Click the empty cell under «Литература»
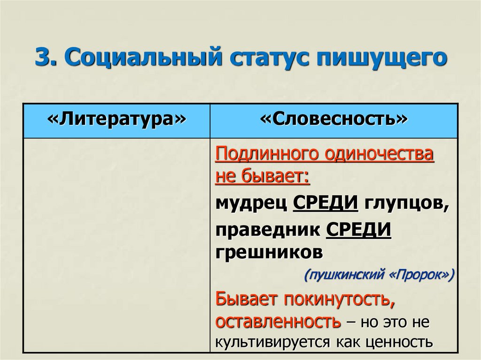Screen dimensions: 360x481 [116, 244]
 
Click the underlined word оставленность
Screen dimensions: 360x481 [278, 322]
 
